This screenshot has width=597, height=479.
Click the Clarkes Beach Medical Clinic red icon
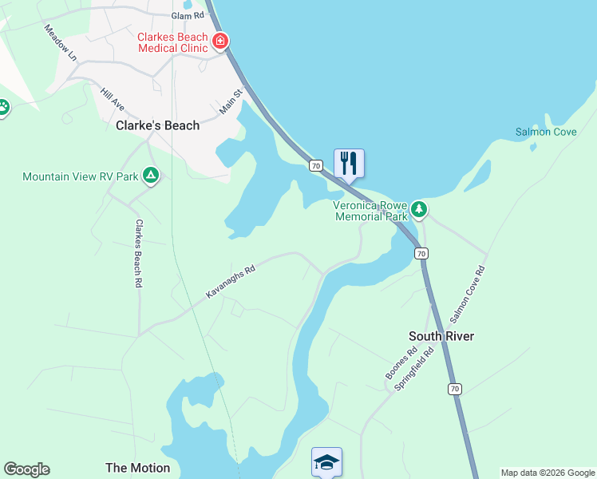pyautogui.click(x=219, y=40)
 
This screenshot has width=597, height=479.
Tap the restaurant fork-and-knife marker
pyautogui.click(x=349, y=163)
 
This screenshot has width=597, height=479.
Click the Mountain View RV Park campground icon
pyautogui.click(x=150, y=176)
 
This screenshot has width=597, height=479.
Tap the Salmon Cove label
pyautogui.click(x=545, y=132)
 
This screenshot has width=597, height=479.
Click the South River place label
pyautogui.click(x=441, y=336)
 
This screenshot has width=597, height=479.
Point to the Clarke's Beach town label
pyautogui.click(x=157, y=125)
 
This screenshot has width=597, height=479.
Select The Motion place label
pyautogui.click(x=137, y=468)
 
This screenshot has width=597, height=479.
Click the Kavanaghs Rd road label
pyautogui.click(x=230, y=283)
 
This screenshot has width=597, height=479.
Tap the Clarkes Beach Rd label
pyautogui.click(x=138, y=253)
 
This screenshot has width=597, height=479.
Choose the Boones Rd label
pyautogui.click(x=401, y=364)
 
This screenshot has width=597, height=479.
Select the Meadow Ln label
pyautogui.click(x=60, y=43)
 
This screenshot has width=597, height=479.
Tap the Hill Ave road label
pyautogui.click(x=113, y=99)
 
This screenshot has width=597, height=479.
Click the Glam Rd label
pyautogui.click(x=188, y=15)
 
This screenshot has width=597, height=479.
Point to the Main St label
pyautogui.click(x=231, y=101)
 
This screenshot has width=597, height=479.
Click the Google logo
pyautogui.click(x=26, y=469)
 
